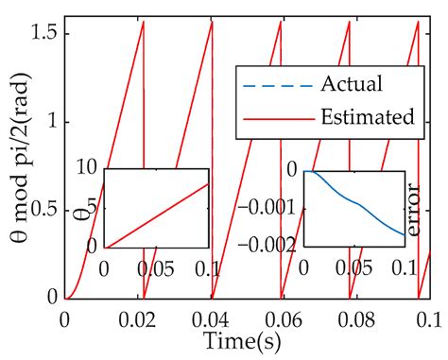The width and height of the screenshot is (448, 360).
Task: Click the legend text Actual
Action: tap(353, 84)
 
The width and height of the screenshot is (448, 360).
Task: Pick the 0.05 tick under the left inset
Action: tap(157, 266)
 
